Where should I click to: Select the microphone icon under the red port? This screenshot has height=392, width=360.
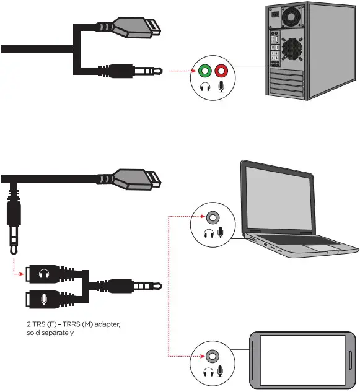[x=221, y=87]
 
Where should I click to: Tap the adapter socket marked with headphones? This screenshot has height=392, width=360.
[x=42, y=274]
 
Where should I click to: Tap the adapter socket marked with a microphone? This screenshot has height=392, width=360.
[x=42, y=299]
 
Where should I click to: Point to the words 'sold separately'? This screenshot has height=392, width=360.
[x=49, y=333]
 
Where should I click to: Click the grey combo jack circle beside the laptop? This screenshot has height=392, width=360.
[x=212, y=218]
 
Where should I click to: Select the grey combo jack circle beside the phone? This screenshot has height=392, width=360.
[x=212, y=356]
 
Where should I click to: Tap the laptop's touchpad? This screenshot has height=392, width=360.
[x=322, y=249]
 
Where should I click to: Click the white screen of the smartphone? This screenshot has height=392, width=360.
[x=303, y=359]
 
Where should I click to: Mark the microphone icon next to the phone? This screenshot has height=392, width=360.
[x=221, y=372]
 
